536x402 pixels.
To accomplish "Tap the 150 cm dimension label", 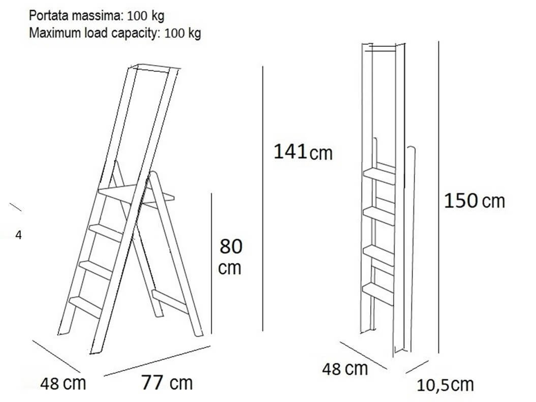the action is tap(474, 201).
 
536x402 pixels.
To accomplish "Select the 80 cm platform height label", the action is tap(230, 257).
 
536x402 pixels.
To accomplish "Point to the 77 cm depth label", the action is tap(167, 383).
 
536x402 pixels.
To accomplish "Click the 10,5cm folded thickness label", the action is tap(445, 385).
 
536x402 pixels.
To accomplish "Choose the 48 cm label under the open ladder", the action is tap(63, 383).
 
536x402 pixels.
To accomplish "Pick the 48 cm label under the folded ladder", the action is tap(345, 369).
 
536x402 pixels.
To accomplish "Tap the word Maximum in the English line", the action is tap(55, 32).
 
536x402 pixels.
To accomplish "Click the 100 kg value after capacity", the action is tap(183, 33).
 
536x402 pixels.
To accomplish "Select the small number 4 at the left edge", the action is tap(18, 235).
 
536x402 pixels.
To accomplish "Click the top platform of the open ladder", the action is tap(136, 195).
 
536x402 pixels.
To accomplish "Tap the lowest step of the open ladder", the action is tap(86, 307).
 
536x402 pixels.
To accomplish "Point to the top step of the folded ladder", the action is tap(379, 176).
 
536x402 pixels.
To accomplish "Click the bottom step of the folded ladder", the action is tap(378, 294).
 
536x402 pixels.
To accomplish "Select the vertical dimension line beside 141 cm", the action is tap(263, 198).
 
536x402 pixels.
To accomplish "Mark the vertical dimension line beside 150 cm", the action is tap(439, 197).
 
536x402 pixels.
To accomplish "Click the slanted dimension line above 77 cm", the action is tap(157, 361).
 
